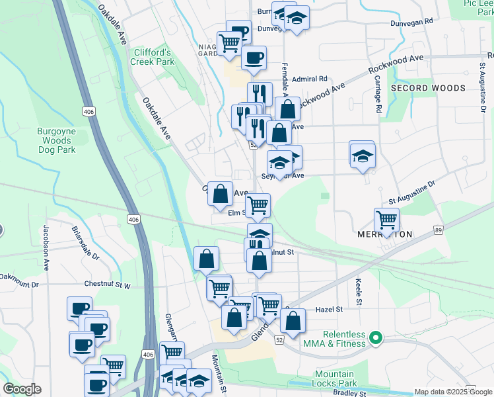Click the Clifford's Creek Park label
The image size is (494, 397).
click(x=153, y=57)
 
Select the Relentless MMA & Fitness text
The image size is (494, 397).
click(x=344, y=339)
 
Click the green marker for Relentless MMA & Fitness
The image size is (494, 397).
click(x=376, y=339)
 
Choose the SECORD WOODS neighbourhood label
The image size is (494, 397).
click(x=428, y=87)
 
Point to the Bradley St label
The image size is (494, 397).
click(x=349, y=393)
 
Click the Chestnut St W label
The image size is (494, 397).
click(x=108, y=284)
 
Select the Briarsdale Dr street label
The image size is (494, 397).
click(x=85, y=244)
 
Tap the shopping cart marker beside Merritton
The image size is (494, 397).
click(x=386, y=219)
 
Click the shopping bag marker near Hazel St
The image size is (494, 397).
click(x=293, y=322)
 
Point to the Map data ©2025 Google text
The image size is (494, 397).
click(x=453, y=392)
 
